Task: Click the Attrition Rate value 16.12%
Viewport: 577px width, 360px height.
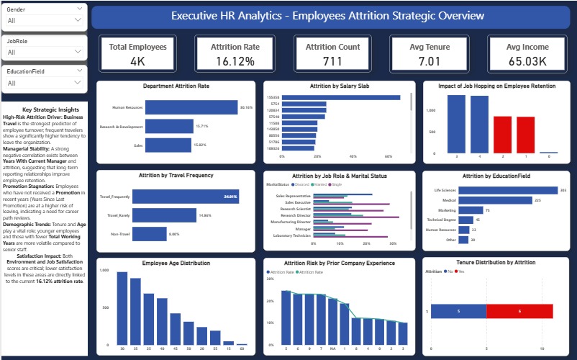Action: click(235, 61)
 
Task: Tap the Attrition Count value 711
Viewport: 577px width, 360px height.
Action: click(331, 61)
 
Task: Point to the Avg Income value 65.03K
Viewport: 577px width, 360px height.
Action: click(523, 61)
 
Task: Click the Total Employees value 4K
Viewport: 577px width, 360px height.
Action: click(137, 61)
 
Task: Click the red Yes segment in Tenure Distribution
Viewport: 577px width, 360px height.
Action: click(519, 311)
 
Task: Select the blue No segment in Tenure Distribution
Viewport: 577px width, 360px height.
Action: click(458, 311)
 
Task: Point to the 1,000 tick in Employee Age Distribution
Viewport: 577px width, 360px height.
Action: click(104, 270)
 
